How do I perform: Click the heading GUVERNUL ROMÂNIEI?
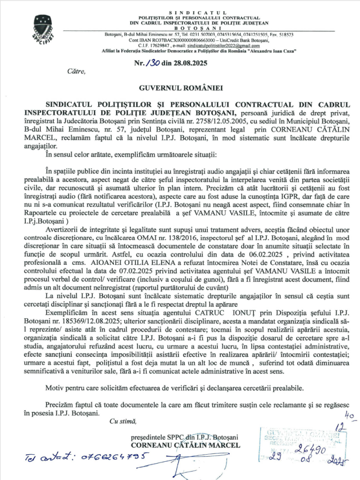click(x=180, y=88)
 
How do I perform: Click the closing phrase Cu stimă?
click(x=120, y=421)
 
